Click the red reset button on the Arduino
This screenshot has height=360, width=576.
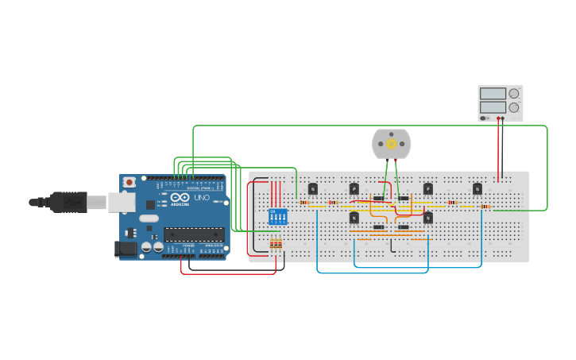pyautogui.click(x=130, y=182)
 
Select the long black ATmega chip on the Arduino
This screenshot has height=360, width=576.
pyautogui.click(x=194, y=234)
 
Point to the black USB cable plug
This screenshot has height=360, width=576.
pyautogui.click(x=68, y=203)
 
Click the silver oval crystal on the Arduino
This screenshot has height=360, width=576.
pyautogui.click(x=149, y=218)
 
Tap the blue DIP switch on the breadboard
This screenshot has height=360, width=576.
pyautogui.click(x=277, y=216)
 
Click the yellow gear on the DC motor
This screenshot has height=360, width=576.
pyautogui.click(x=391, y=144)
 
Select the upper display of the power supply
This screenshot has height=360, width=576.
pyautogui.click(x=493, y=94)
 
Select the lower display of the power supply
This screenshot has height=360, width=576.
pyautogui.click(x=493, y=107)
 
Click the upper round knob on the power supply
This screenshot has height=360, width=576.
pyautogui.click(x=514, y=94)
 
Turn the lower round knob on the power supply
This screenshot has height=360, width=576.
pyautogui.click(x=514, y=107)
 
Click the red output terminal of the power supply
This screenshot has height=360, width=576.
pyautogui.click(x=499, y=119)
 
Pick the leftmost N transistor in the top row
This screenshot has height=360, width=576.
pyautogui.click(x=313, y=188)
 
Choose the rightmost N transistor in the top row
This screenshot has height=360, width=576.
pyautogui.click(x=477, y=188)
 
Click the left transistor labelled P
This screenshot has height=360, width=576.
pyautogui.click(x=354, y=188)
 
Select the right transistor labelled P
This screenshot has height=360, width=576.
pyautogui.click(x=428, y=188)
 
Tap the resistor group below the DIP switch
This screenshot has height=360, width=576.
pyautogui.click(x=276, y=244)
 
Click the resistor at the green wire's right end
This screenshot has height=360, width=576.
pyautogui.click(x=485, y=207)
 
